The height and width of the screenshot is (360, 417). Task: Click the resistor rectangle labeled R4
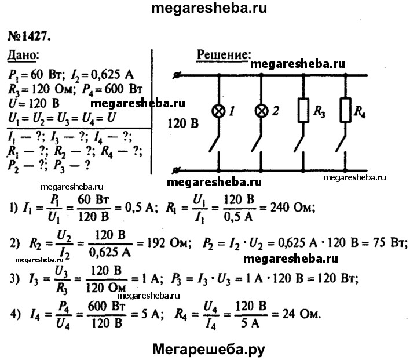346,110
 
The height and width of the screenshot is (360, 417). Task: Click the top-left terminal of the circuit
178,75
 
